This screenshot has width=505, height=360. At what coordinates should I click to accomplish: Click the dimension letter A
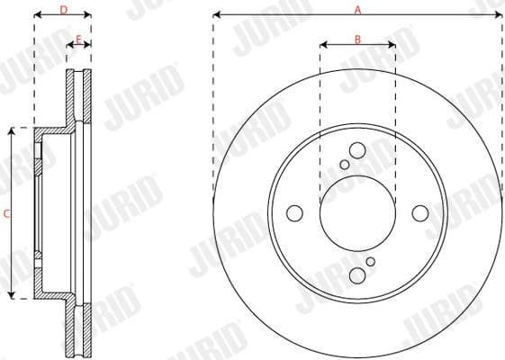[x=357, y=9]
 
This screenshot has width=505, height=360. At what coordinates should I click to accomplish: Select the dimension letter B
[x=357, y=39]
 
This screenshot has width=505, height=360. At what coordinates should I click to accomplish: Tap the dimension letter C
[x=6, y=213]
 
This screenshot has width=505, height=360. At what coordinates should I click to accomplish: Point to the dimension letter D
[x=63, y=9]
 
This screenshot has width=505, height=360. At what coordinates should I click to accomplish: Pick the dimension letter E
[x=79, y=39]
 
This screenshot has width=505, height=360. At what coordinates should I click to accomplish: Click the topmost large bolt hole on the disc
[x=357, y=150]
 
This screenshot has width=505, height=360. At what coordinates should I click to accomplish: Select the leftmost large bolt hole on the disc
[x=294, y=213]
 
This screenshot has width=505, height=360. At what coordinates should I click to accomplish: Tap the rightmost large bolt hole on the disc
[x=420, y=213]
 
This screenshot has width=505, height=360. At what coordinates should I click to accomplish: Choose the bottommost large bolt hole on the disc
[x=357, y=275]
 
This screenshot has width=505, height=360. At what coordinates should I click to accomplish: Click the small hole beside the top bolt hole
[x=345, y=165]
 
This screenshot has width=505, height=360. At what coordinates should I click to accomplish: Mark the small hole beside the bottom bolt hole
[x=370, y=261]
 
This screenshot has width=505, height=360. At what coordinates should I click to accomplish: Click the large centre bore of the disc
[x=357, y=213]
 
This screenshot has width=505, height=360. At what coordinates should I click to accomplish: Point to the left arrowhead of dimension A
[x=217, y=15]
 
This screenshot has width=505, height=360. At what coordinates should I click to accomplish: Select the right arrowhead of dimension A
[x=498, y=15]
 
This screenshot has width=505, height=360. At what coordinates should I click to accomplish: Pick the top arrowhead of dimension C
[x=12, y=131]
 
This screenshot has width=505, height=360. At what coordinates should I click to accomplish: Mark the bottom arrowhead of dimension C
[x=12, y=295]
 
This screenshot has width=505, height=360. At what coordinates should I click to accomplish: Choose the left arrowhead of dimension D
[x=38, y=15]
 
